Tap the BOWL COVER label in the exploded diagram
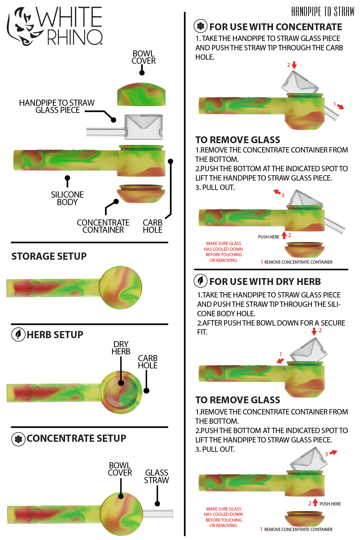coord(143,57)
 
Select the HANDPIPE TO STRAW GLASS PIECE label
coord(57,106)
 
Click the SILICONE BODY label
coord(67,198)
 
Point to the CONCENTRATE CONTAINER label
coord(103,226)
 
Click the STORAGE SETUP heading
coord(49,256)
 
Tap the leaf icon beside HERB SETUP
coord(18,335)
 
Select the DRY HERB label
coord(121,348)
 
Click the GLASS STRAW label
coord(156,476)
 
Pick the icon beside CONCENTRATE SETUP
coord(18,439)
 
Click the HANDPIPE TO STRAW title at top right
coord(323,12)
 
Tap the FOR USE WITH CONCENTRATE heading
coord(275,27)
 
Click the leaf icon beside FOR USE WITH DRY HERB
coord(201,281)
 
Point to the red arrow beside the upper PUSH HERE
coord(284,235)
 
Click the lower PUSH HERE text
coord(330,504)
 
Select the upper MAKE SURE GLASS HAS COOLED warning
coord(223,252)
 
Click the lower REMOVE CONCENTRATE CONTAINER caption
coord(298,530)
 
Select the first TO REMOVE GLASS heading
coord(238,140)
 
